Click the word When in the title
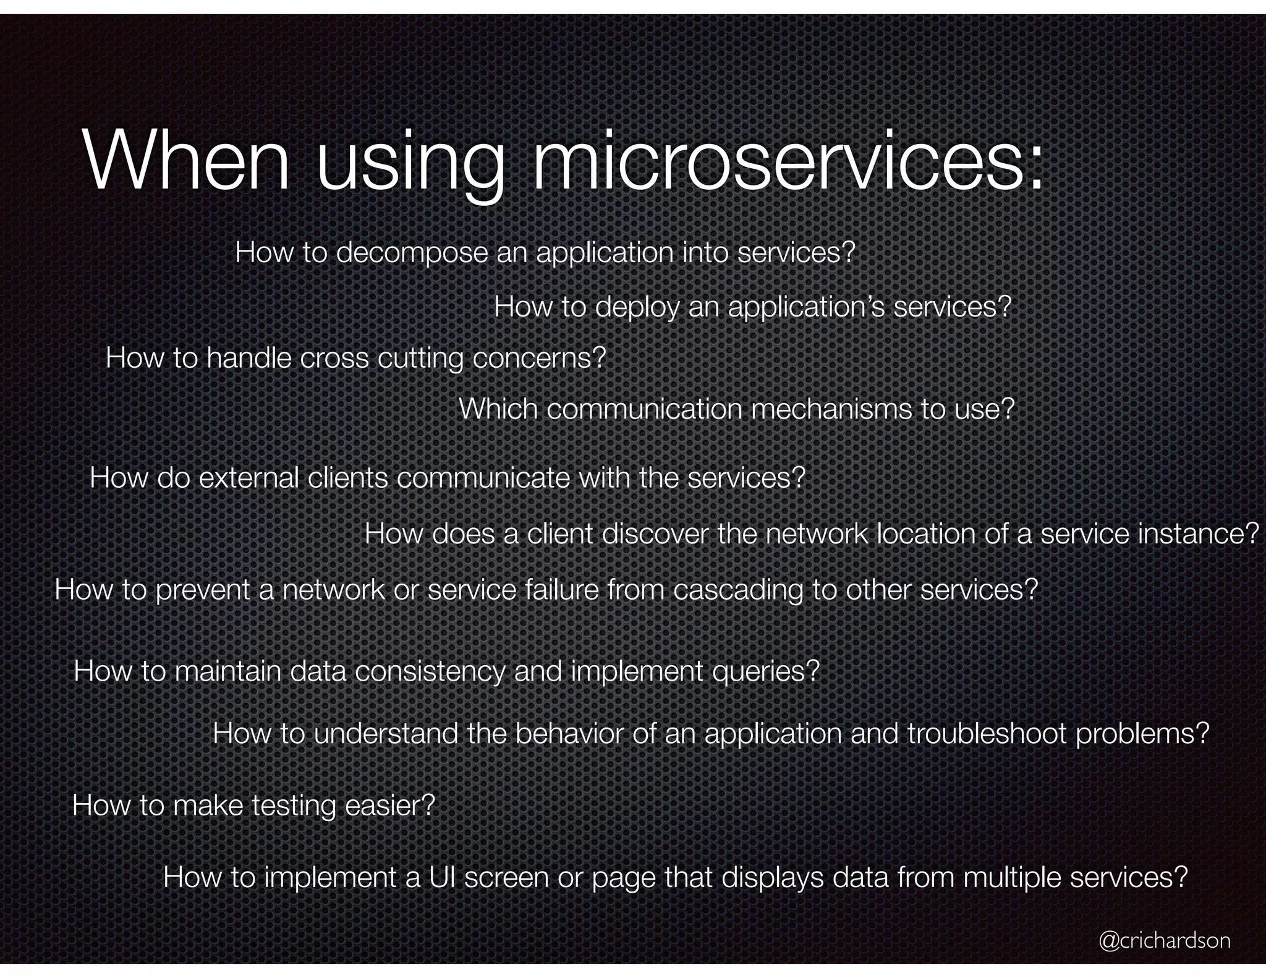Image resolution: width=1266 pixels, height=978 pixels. click(185, 162)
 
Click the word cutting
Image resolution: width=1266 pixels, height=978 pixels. click(420, 359)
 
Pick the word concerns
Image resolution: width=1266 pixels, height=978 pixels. click(538, 359)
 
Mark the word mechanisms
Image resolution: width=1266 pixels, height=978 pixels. click(831, 409)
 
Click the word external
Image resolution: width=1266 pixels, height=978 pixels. click(249, 478)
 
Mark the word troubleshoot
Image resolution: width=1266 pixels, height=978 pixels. click(987, 734)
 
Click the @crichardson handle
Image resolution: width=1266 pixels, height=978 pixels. click(1165, 940)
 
